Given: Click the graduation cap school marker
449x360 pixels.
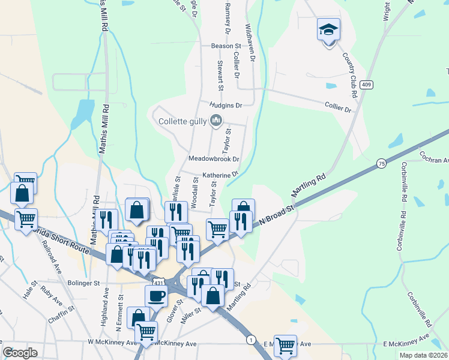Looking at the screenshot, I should pyautogui.click(x=328, y=29).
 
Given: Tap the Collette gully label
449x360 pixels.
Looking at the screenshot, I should pyautogui.click(x=182, y=121).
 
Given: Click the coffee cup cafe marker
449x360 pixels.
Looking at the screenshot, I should pyautogui.click(x=156, y=296).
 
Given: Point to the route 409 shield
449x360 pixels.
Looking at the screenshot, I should pyautogui.click(x=367, y=85).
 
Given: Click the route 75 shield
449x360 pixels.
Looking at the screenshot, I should pyautogui.click(x=382, y=163).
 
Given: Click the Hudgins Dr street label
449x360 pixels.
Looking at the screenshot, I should pyautogui.click(x=225, y=105).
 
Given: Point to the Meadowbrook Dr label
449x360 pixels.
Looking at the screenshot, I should pyautogui.click(x=214, y=159).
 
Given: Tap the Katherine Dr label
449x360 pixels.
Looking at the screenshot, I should pyautogui.click(x=220, y=175).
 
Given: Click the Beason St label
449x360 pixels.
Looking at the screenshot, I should pyautogui.click(x=225, y=46).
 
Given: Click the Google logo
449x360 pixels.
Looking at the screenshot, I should pyautogui.click(x=20, y=353).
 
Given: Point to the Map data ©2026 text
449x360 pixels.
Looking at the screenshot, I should pyautogui.click(x=423, y=355).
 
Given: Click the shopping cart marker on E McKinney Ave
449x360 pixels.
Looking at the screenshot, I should pyautogui.click(x=285, y=345).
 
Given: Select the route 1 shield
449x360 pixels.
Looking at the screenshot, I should pyautogui.click(x=250, y=340).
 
